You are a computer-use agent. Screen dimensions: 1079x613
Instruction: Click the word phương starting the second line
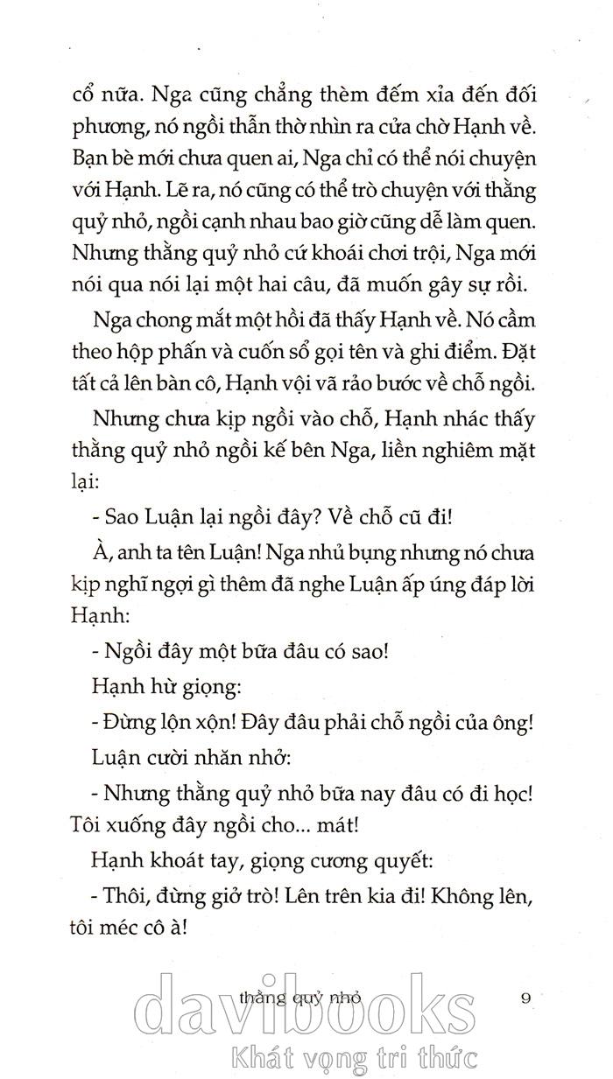point(106,130)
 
